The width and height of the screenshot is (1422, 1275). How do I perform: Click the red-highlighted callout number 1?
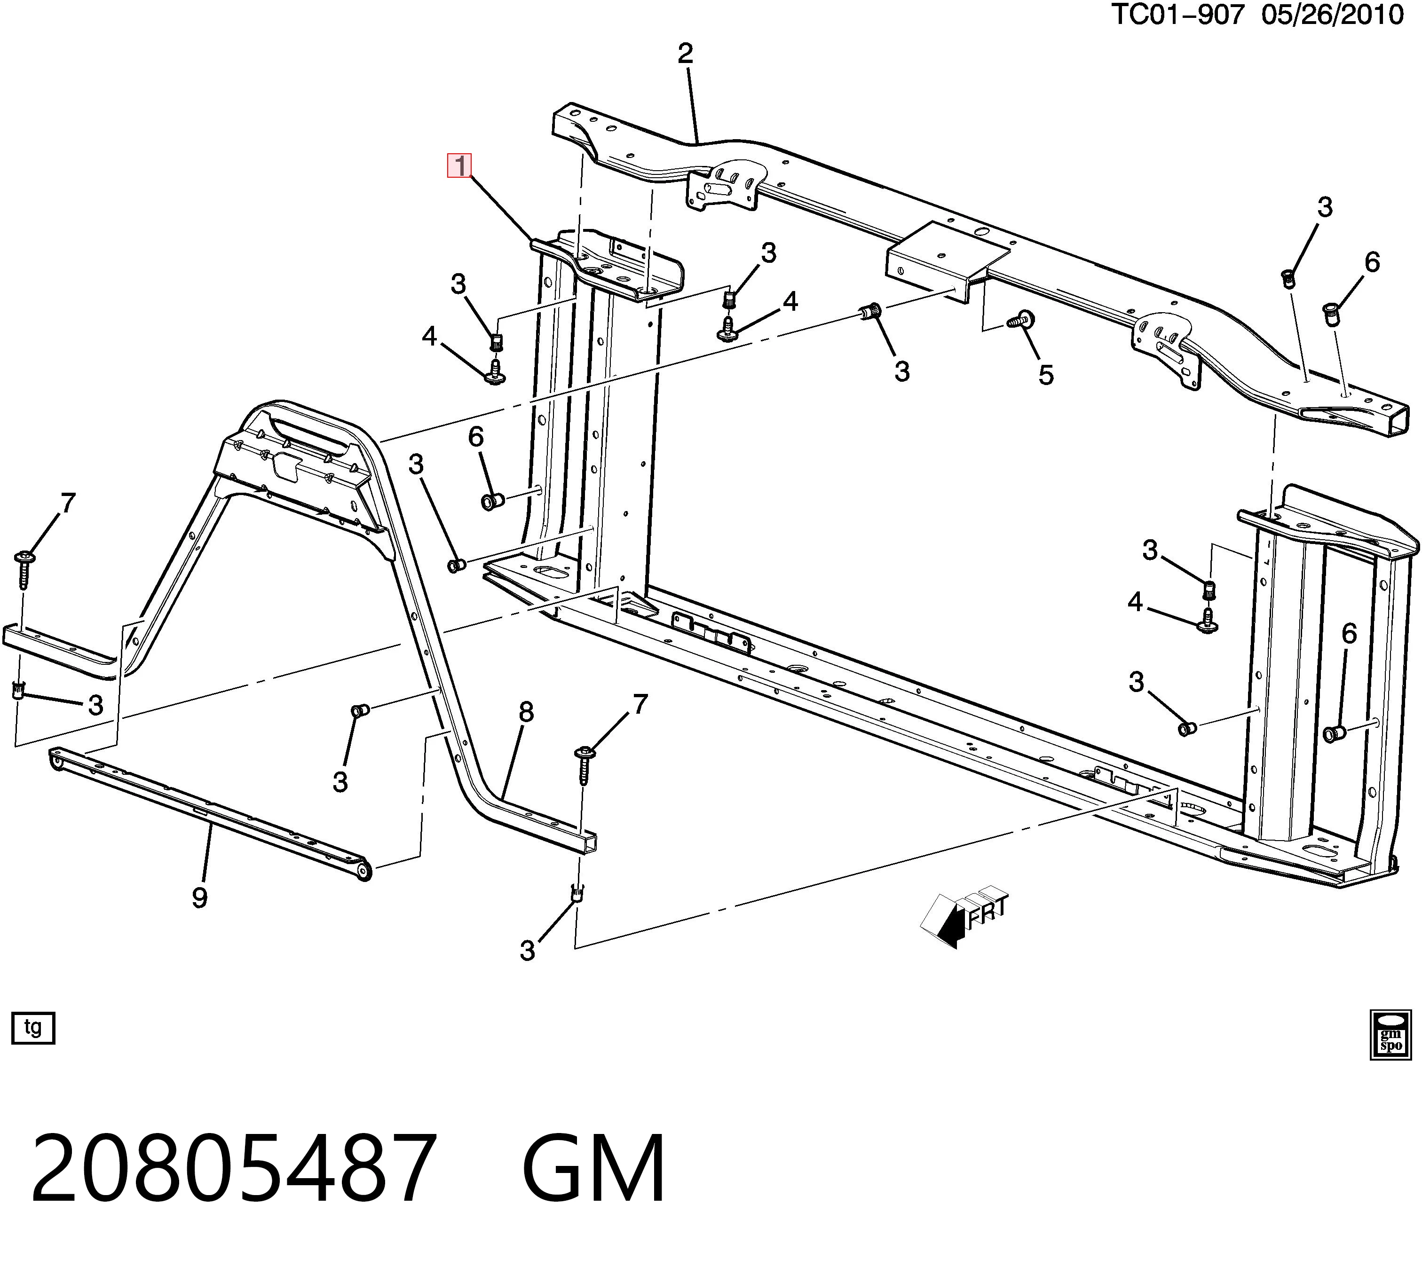click(x=460, y=166)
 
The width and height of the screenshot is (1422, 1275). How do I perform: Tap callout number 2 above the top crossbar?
click(x=686, y=53)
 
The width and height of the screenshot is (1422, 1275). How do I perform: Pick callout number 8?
click(x=526, y=712)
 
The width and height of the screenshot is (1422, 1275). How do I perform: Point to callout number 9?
click(x=200, y=897)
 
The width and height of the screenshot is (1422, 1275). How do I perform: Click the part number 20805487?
click(x=233, y=1169)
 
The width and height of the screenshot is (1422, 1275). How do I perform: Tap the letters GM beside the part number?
click(x=593, y=1169)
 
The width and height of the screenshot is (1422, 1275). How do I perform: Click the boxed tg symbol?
click(x=33, y=1028)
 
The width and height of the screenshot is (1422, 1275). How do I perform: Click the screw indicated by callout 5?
click(x=1020, y=320)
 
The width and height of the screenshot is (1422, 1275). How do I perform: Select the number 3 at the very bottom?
click(x=527, y=951)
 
